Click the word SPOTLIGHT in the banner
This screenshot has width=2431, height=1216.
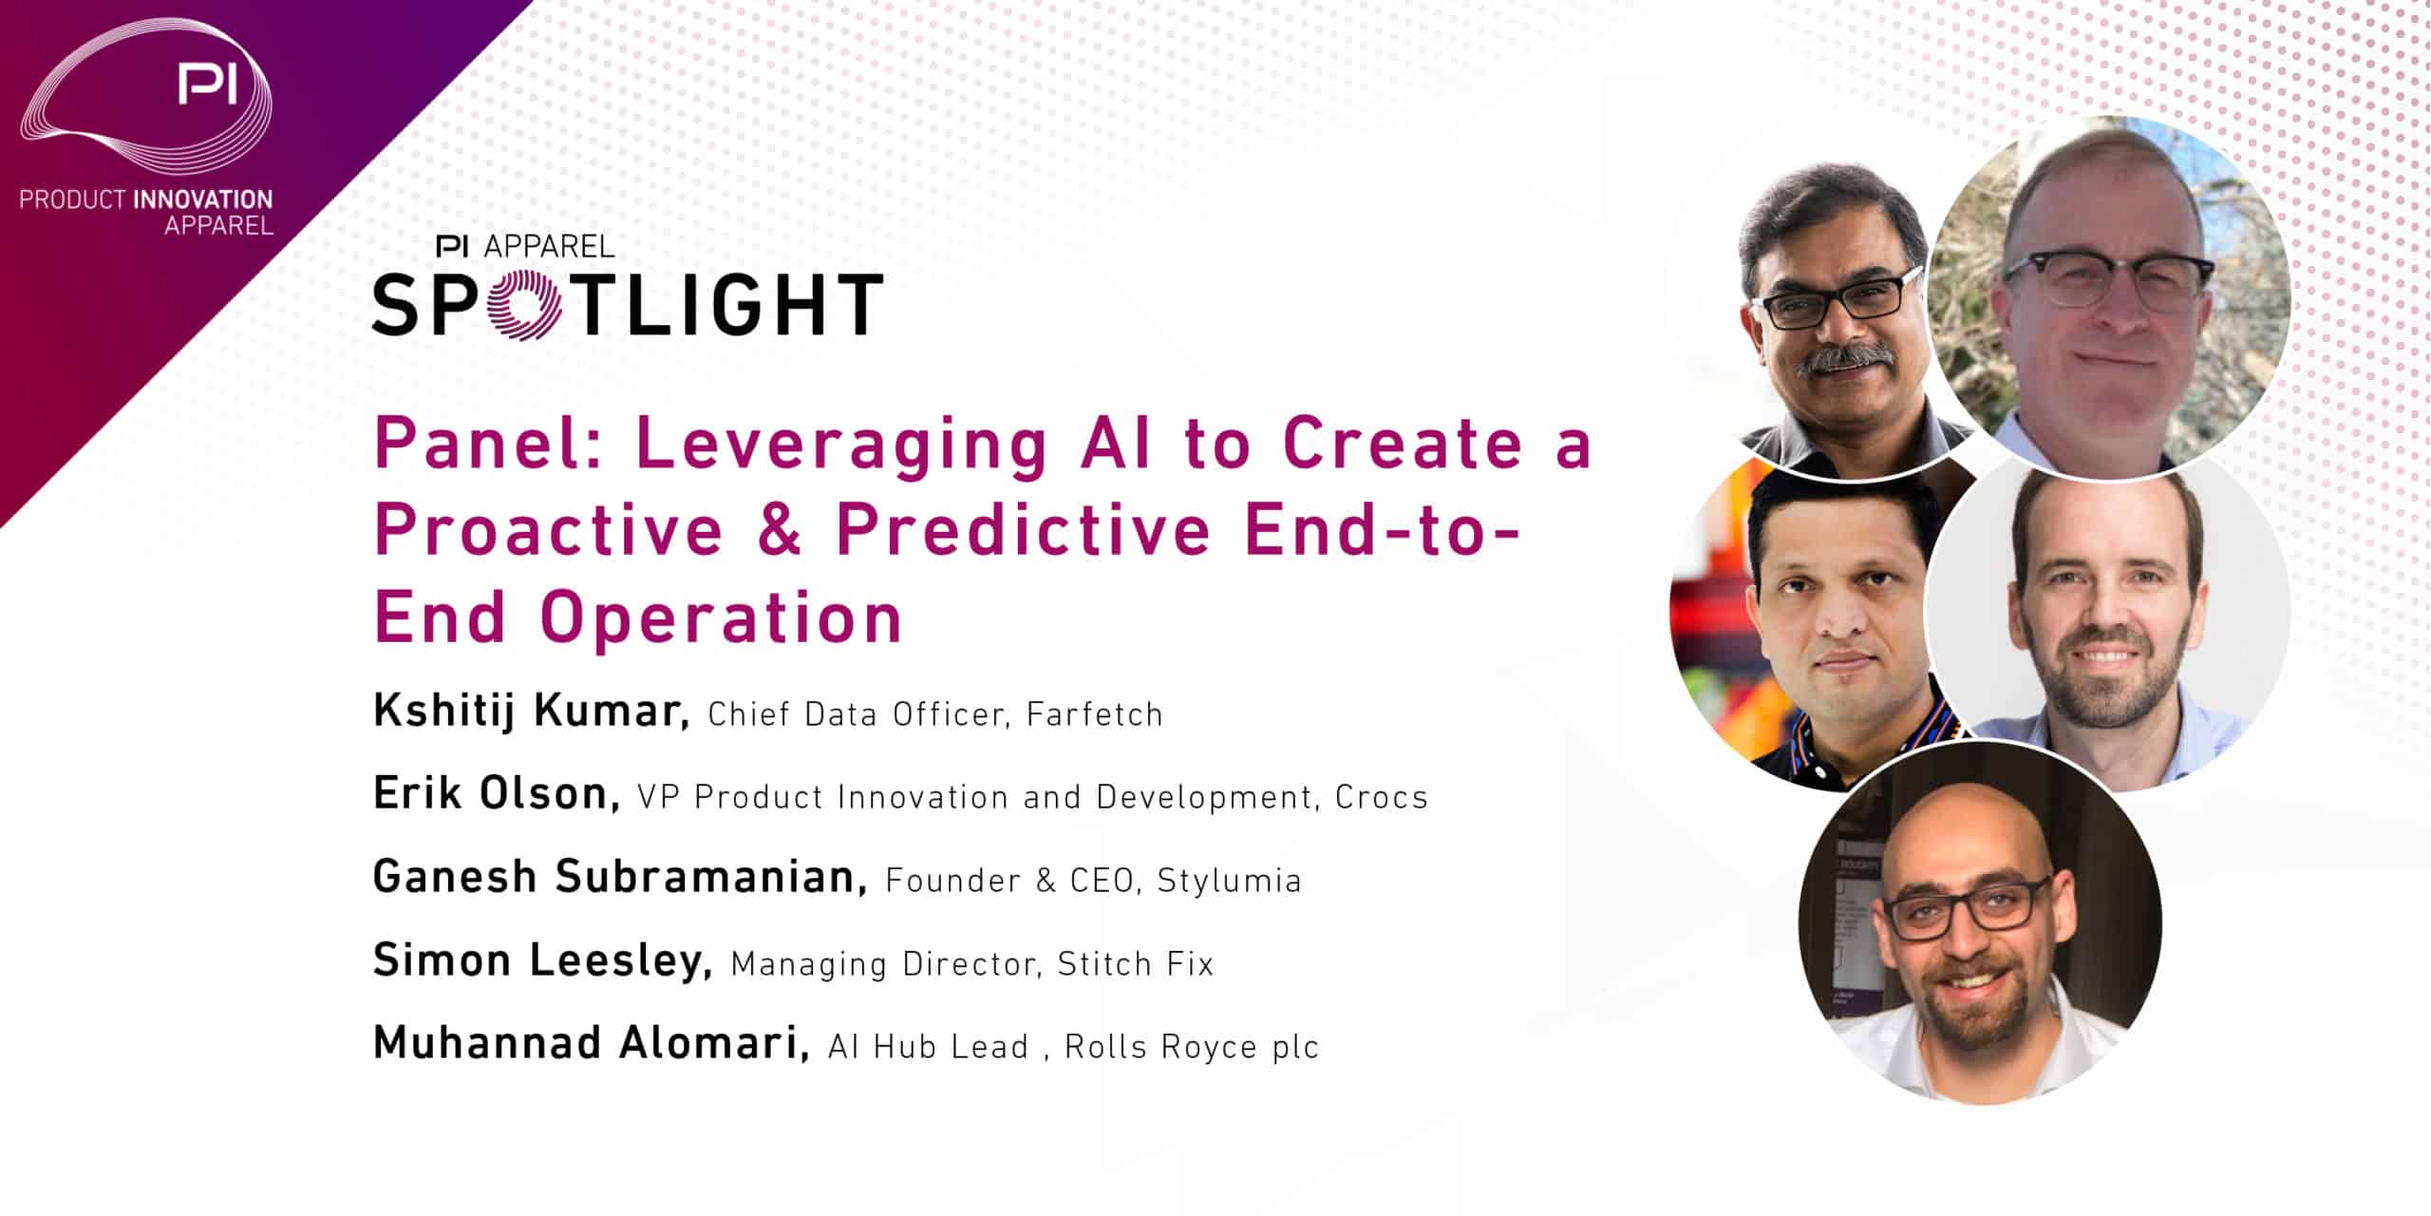628,304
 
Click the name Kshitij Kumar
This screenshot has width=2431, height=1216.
531,711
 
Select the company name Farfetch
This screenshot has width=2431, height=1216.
1095,713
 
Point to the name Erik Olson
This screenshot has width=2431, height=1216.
497,793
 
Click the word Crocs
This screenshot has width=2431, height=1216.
1381,797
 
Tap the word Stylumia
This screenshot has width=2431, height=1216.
1229,881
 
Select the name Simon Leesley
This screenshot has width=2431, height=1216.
542,959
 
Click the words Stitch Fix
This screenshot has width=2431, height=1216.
1136,964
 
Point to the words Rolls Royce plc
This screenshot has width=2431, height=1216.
1192,1047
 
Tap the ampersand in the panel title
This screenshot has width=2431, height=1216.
780,530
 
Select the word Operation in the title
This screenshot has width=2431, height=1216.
721,618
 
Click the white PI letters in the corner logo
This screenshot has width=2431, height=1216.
208,85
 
